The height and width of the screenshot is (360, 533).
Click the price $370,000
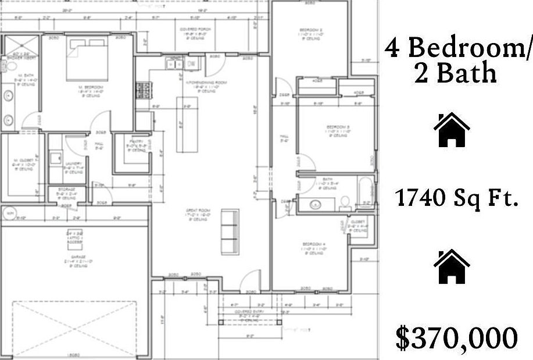[456, 338]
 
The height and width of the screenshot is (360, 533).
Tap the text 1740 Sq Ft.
[456, 199]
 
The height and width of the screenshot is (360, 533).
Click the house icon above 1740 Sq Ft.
[452, 130]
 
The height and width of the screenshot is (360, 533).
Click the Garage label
[77, 256]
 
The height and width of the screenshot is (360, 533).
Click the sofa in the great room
[230, 231]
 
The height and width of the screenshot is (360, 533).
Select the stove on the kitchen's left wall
[142, 90]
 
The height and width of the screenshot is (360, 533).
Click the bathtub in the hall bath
[365, 193]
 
